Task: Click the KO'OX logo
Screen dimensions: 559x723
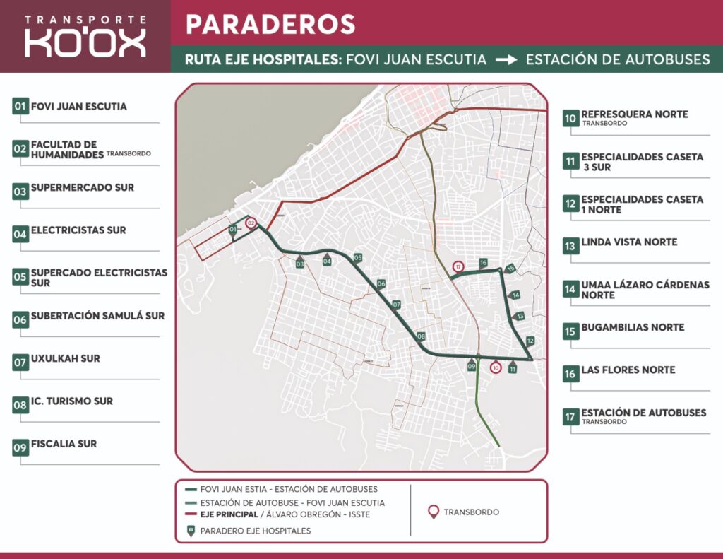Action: pyautogui.click(x=85, y=42)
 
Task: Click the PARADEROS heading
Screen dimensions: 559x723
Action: pyautogui.click(x=270, y=24)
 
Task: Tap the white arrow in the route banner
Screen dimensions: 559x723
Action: pyautogui.click(x=506, y=59)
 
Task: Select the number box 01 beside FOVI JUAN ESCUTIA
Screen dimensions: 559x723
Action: pyautogui.click(x=20, y=107)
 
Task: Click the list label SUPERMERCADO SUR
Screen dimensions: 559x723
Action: pyautogui.click(x=82, y=189)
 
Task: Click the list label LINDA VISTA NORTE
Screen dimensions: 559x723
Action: pyautogui.click(x=629, y=242)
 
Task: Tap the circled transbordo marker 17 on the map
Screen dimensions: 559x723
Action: pyautogui.click(x=458, y=267)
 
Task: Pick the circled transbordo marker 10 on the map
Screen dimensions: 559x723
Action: pyautogui.click(x=496, y=367)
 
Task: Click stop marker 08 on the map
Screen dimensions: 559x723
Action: pyautogui.click(x=421, y=336)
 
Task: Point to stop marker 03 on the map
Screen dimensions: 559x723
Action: pyautogui.click(x=300, y=263)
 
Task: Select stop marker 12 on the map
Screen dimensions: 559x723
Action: pyautogui.click(x=530, y=340)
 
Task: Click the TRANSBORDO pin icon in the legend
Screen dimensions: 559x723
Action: pyautogui.click(x=434, y=512)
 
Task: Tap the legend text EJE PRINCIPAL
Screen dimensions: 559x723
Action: pyautogui.click(x=229, y=514)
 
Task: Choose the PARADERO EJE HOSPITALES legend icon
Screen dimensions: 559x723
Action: pyautogui.click(x=190, y=530)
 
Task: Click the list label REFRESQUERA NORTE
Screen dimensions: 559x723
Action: pyautogui.click(x=634, y=114)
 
